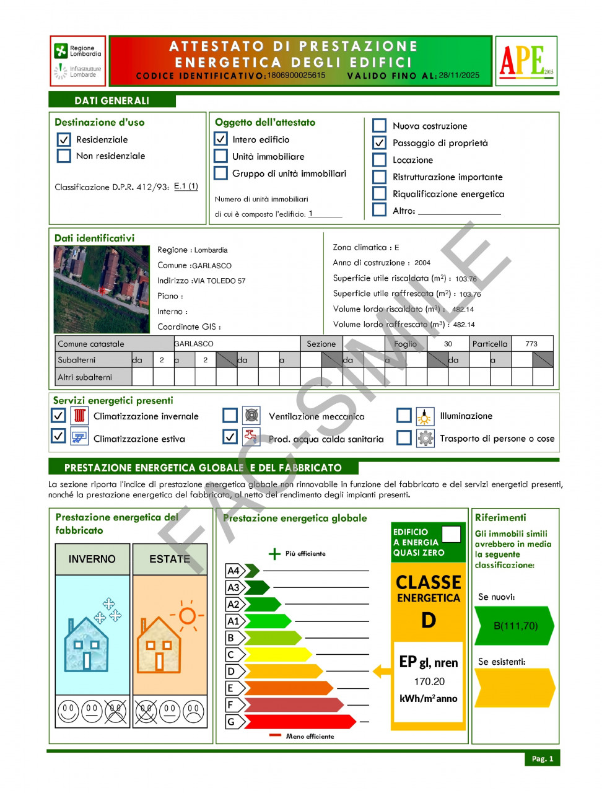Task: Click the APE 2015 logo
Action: pos(526,61)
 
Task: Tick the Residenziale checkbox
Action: pos(64,140)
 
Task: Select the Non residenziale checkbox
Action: pos(64,156)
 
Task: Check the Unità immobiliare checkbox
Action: pos(221,157)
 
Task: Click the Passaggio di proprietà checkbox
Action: pos(380,143)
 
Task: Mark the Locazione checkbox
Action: pos(380,160)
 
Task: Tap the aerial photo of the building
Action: pos(102,289)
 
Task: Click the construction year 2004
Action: pos(422,263)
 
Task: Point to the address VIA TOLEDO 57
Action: pos(220,281)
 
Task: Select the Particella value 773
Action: pos(531,344)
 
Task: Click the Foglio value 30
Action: pos(448,344)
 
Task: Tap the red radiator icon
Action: pos(79,416)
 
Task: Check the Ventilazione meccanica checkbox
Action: pos(230,416)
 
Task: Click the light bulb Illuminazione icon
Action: pos(425,416)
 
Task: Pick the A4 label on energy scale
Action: pos(233,571)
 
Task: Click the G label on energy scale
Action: pos(231,722)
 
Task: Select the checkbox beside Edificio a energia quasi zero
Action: pos(451,534)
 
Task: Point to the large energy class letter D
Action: pos(429,620)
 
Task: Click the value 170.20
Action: pos(429,681)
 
